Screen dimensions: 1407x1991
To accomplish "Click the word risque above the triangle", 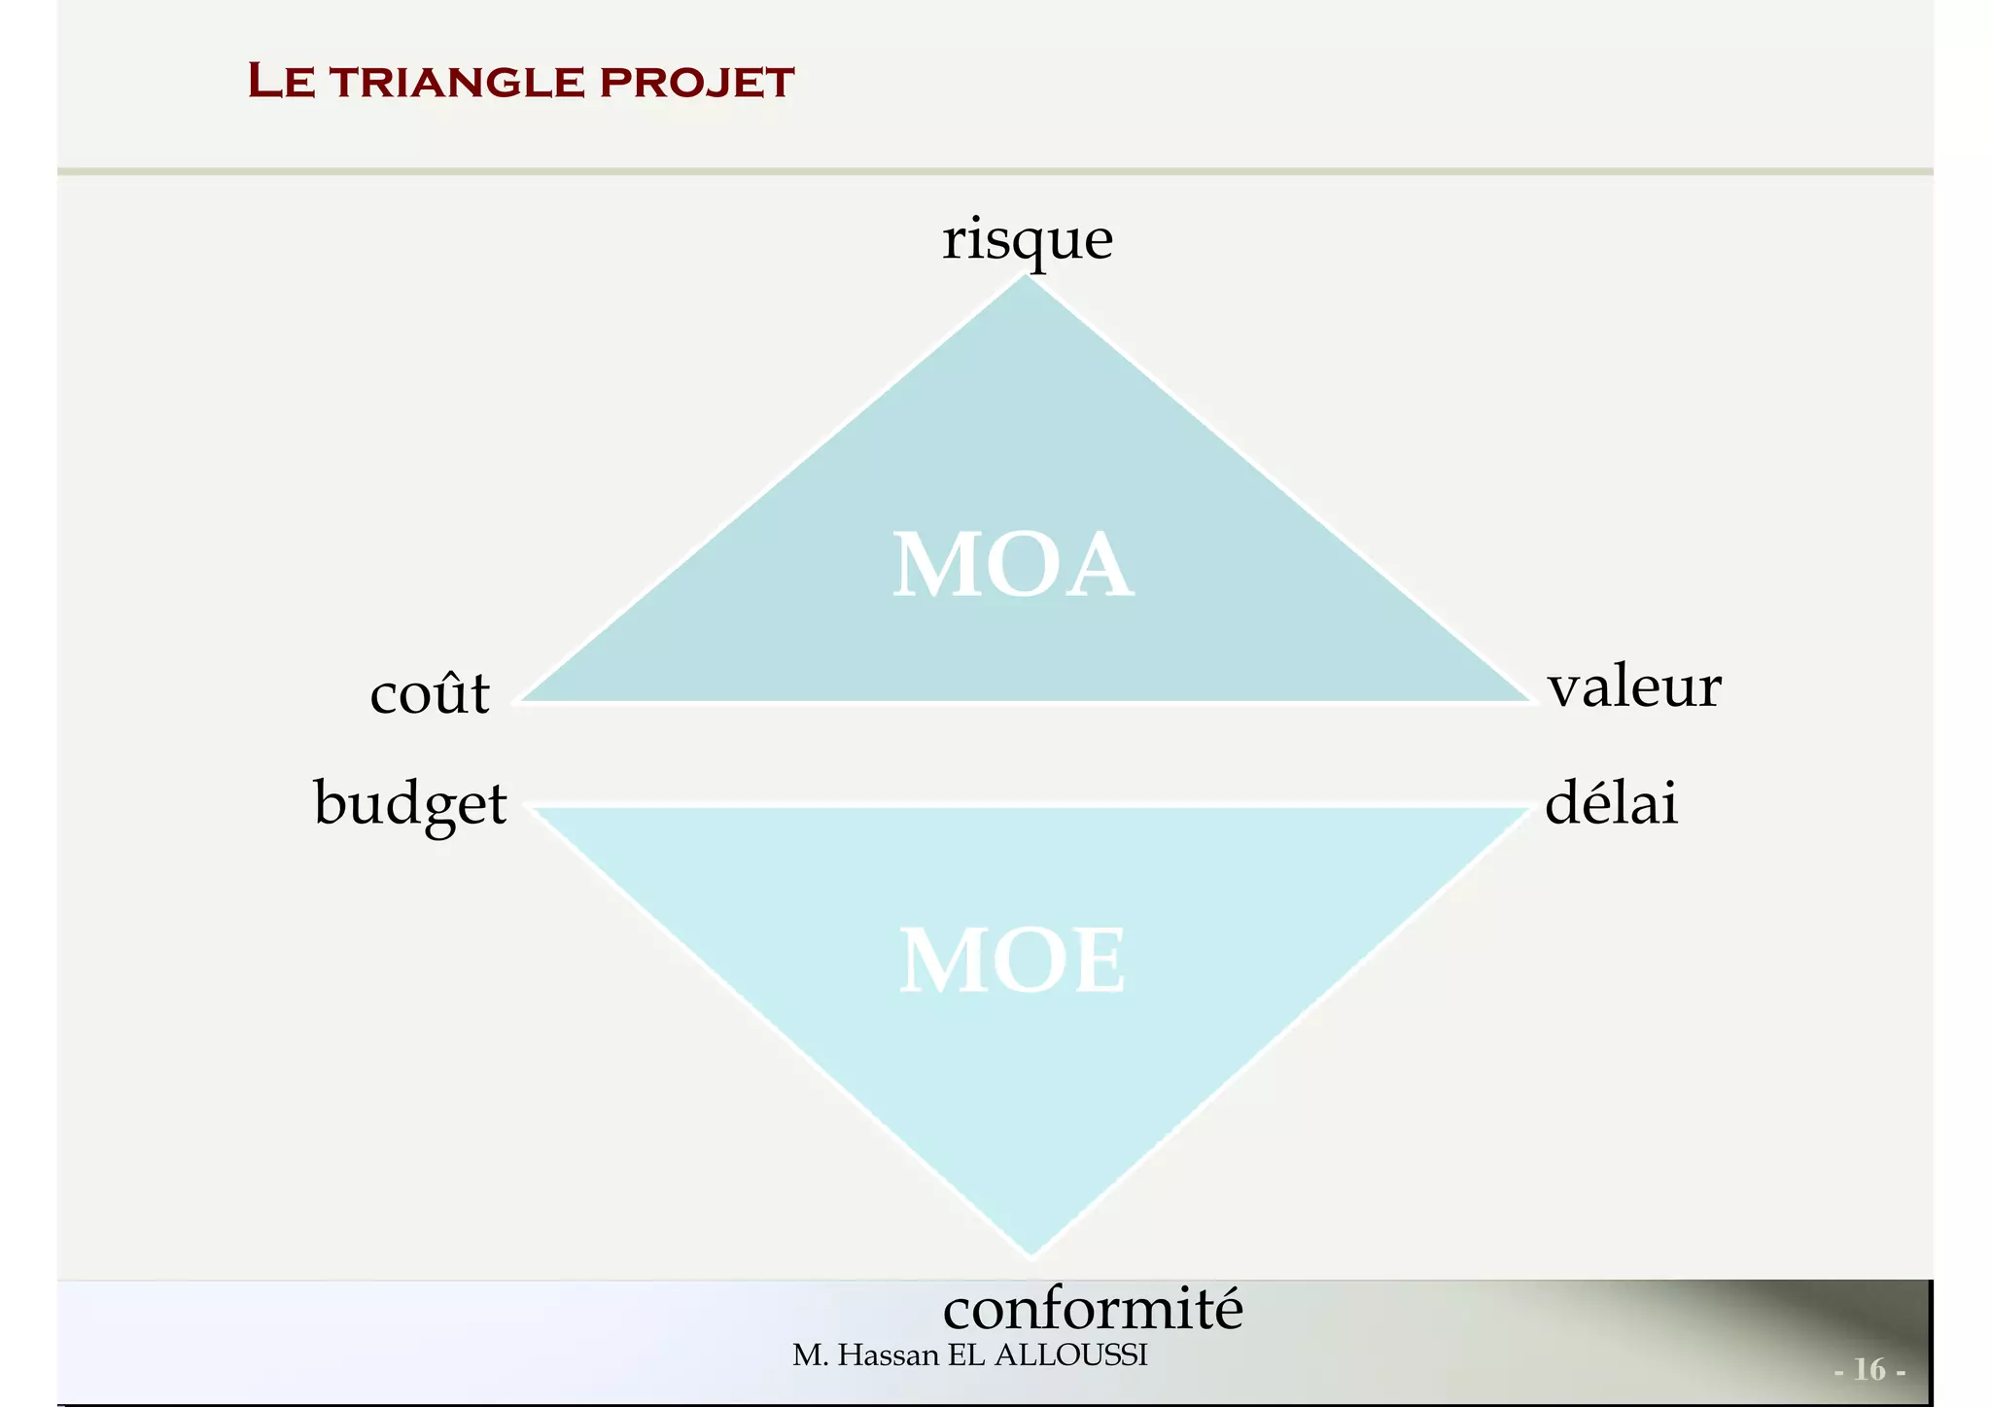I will [1028, 239].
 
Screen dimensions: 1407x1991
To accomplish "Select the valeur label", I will [1634, 686].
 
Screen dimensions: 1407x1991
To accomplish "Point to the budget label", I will [410, 805].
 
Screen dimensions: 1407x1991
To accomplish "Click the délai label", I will [1611, 805].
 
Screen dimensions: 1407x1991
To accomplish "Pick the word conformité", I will [1093, 1309].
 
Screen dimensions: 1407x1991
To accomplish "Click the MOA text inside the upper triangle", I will [1012, 566].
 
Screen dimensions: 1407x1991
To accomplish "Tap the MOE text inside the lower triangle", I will [1012, 962].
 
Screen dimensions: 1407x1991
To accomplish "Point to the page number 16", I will [1869, 1369].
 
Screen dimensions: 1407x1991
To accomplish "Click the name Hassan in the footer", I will [888, 1355].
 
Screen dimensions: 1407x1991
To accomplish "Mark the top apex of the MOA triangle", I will [1026, 277].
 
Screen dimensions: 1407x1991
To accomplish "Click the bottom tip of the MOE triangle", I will [1031, 1253].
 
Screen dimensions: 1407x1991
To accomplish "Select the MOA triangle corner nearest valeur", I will [1529, 699].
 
